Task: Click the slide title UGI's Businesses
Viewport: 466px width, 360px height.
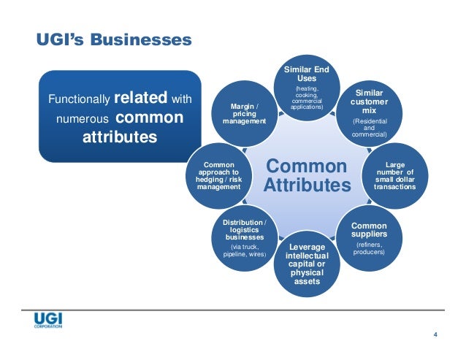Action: click(114, 38)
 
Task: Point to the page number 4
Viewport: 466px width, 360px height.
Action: click(435, 334)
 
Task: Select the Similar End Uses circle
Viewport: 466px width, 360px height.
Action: click(306, 89)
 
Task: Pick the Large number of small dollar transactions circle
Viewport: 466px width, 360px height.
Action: click(394, 175)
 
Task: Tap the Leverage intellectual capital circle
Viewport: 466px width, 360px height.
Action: click(307, 264)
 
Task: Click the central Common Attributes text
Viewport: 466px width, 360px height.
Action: click(307, 176)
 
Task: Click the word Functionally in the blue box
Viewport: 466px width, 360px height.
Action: click(78, 99)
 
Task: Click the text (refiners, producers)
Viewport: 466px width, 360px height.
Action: click(369, 249)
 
